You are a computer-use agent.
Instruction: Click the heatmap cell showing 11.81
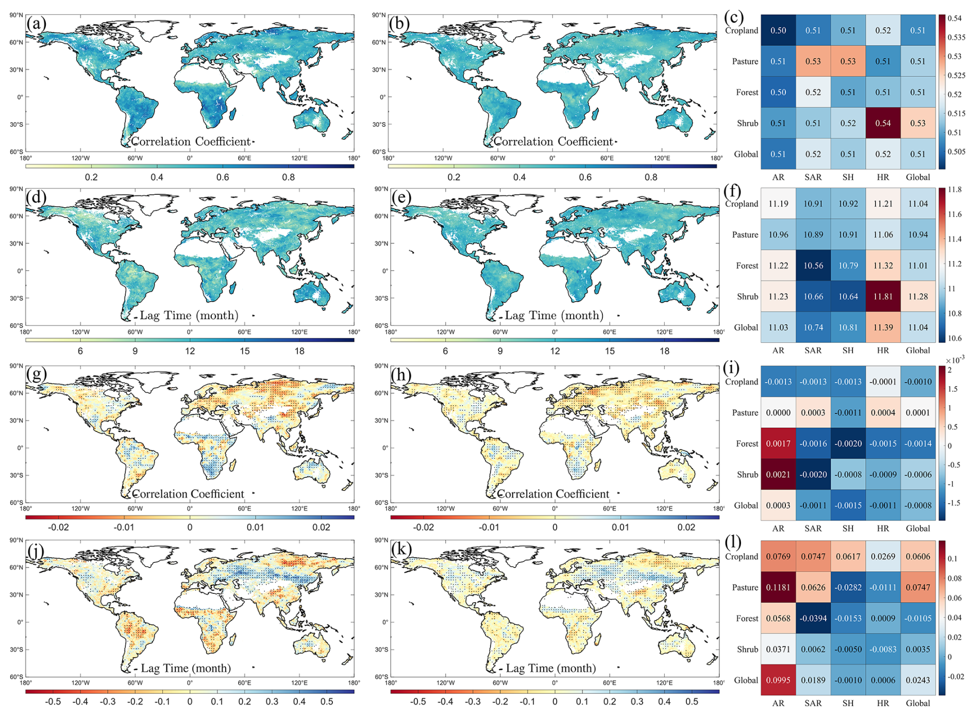click(x=883, y=296)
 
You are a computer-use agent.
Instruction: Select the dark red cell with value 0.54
click(x=883, y=123)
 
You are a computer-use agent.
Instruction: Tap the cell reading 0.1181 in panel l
click(x=778, y=587)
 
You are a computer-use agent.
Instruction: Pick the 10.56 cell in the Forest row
click(x=813, y=265)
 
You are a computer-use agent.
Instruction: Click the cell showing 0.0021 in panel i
click(x=778, y=474)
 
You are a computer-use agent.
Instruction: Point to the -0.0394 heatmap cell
click(x=813, y=618)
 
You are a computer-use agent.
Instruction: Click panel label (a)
click(x=37, y=24)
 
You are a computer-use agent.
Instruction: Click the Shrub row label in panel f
click(x=747, y=296)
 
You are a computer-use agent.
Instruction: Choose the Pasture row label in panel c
click(x=745, y=61)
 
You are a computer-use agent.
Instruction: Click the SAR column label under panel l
click(x=813, y=703)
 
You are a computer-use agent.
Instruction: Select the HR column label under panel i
click(x=883, y=528)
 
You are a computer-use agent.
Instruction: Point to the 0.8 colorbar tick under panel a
click(x=288, y=177)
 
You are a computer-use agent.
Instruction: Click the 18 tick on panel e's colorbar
click(x=664, y=351)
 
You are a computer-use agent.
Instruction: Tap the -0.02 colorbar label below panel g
click(x=58, y=527)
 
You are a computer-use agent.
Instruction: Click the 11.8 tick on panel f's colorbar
click(x=955, y=190)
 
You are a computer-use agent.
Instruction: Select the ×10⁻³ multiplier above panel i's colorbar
click(x=955, y=360)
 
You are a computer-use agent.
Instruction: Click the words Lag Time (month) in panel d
click(x=189, y=315)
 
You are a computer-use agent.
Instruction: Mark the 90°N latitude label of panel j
click(x=16, y=540)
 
